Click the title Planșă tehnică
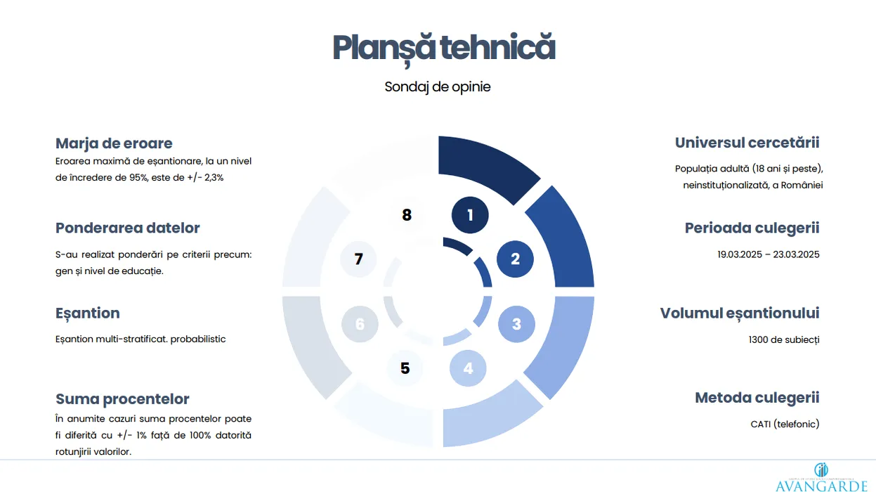(444, 48)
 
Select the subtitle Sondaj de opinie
(437, 87)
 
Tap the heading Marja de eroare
(114, 143)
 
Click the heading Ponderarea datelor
(127, 228)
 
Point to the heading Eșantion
(88, 313)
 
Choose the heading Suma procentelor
(122, 399)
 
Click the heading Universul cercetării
(747, 143)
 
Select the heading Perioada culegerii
(752, 228)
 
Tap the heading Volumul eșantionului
(740, 313)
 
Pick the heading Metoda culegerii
(757, 398)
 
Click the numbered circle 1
(470, 215)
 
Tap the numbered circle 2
(515, 259)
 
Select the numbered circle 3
(516, 324)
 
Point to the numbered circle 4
(468, 368)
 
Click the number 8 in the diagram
(407, 215)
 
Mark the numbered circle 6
(360, 324)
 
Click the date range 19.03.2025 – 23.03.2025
(768, 254)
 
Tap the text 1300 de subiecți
(784, 339)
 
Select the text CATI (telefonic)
(785, 424)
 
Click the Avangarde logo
(821, 477)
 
